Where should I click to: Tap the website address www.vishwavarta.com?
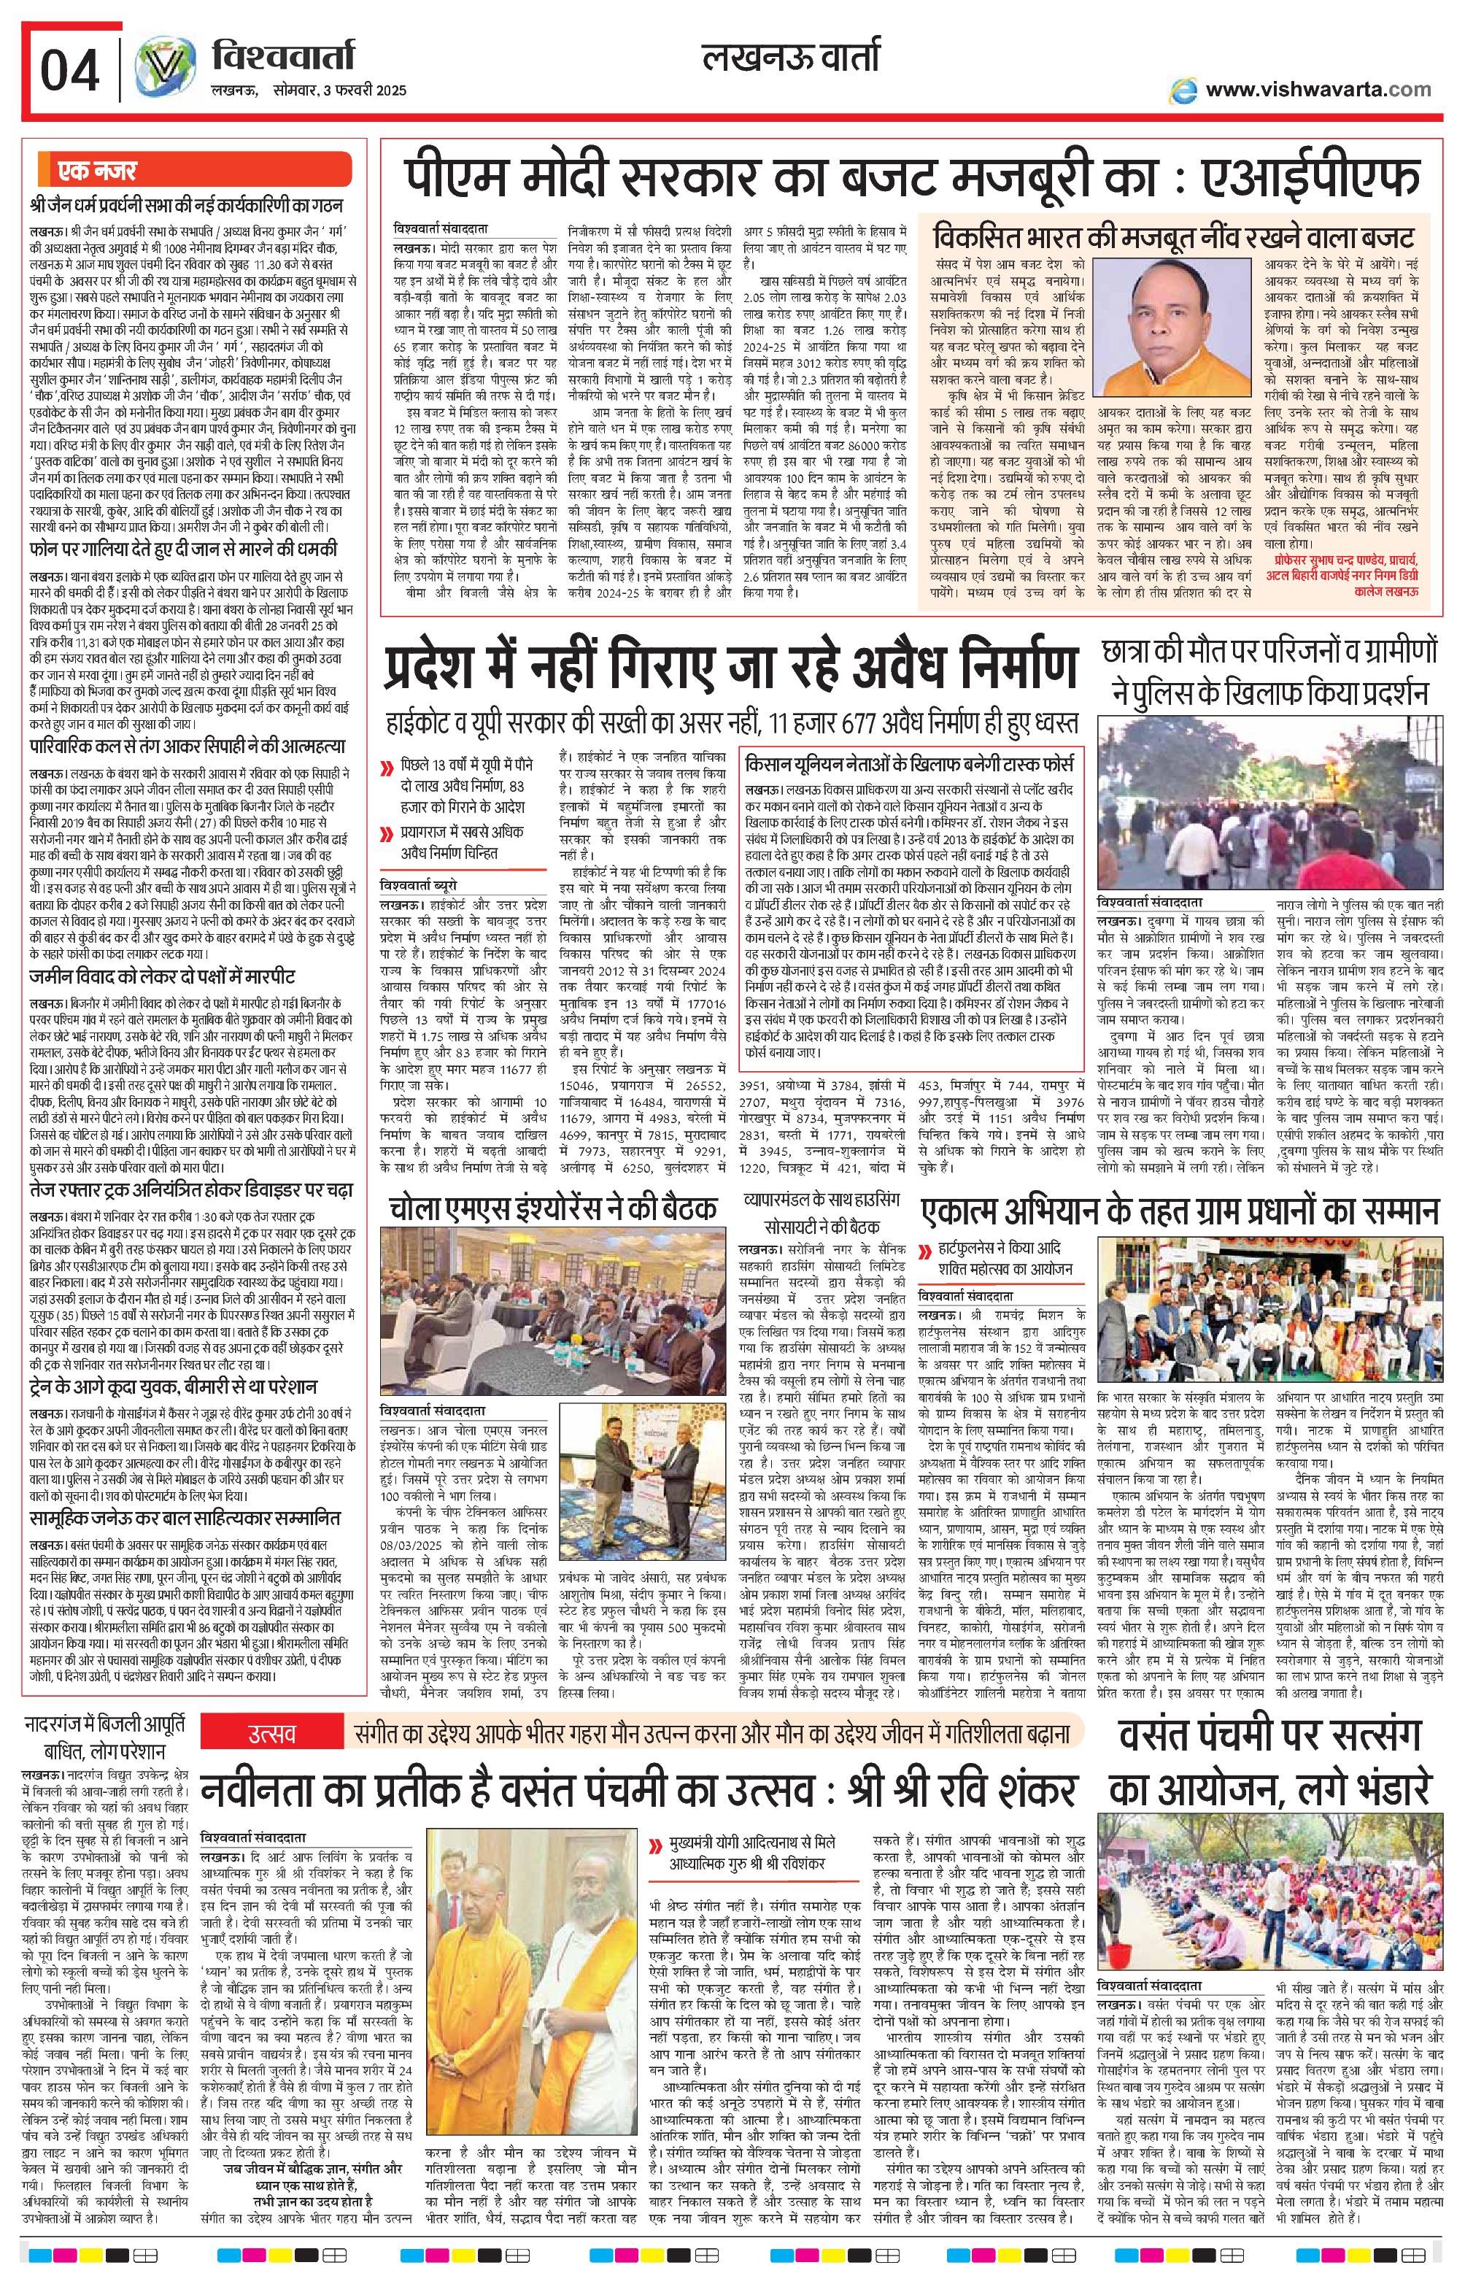click(x=1318, y=90)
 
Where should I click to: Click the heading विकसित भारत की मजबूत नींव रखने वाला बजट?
click(x=1173, y=235)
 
